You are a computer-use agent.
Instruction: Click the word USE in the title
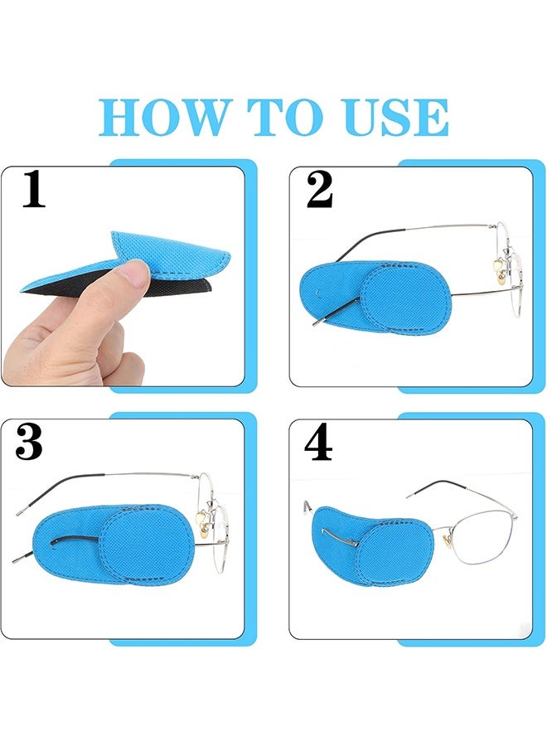(x=393, y=118)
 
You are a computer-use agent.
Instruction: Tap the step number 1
(x=33, y=190)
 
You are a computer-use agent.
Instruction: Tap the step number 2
(x=319, y=190)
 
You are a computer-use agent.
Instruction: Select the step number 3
(x=29, y=443)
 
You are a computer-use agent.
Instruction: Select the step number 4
(x=318, y=443)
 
